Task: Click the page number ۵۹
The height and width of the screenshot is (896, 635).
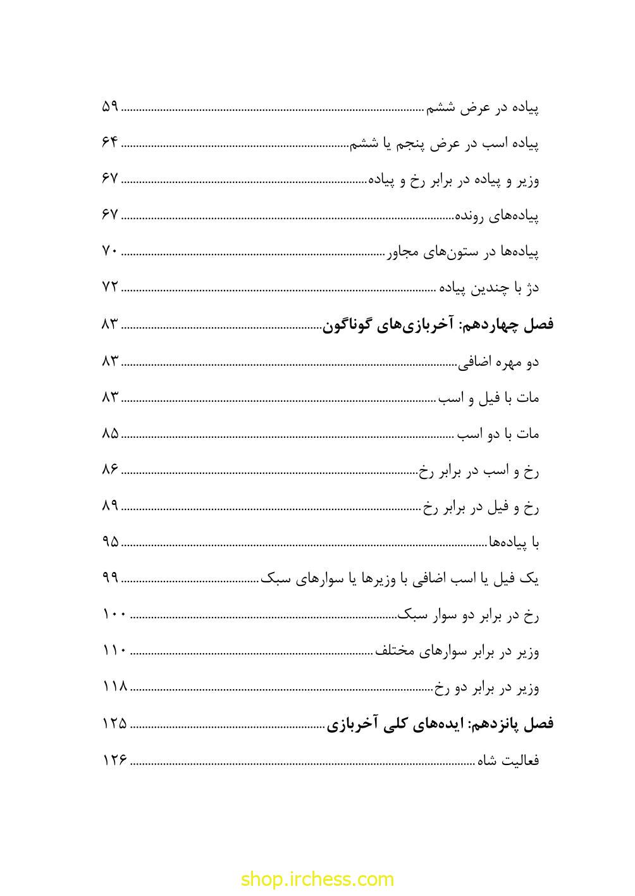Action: [110, 106]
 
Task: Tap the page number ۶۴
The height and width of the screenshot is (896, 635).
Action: [110, 142]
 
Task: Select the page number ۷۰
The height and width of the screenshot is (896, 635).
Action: [110, 251]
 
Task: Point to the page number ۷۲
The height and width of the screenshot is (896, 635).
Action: [110, 287]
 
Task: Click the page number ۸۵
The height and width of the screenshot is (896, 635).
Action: [110, 433]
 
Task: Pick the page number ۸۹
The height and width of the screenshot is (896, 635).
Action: [110, 506]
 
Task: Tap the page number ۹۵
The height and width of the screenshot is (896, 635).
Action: [110, 542]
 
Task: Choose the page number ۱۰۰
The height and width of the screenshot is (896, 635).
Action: [114, 614]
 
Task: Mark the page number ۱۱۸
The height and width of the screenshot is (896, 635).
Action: [114, 687]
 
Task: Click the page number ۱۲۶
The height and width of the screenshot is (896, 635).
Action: [114, 759]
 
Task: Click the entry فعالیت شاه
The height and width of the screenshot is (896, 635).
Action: [508, 760]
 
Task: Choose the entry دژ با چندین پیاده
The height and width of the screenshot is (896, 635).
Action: [489, 289]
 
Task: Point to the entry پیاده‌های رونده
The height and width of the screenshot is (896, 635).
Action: [497, 216]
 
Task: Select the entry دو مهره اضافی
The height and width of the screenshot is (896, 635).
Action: [498, 362]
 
